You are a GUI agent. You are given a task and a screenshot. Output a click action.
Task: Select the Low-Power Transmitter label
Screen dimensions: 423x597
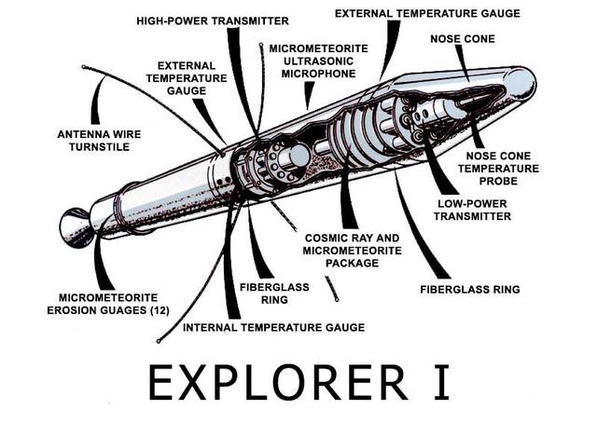coord(473,209)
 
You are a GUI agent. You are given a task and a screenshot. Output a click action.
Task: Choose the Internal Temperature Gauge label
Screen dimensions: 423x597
coord(273,327)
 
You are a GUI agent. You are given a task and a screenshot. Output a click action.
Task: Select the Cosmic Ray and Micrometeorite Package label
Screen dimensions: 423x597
coord(341,250)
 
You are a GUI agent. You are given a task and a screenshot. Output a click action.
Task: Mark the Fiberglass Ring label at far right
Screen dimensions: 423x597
coord(469,290)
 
